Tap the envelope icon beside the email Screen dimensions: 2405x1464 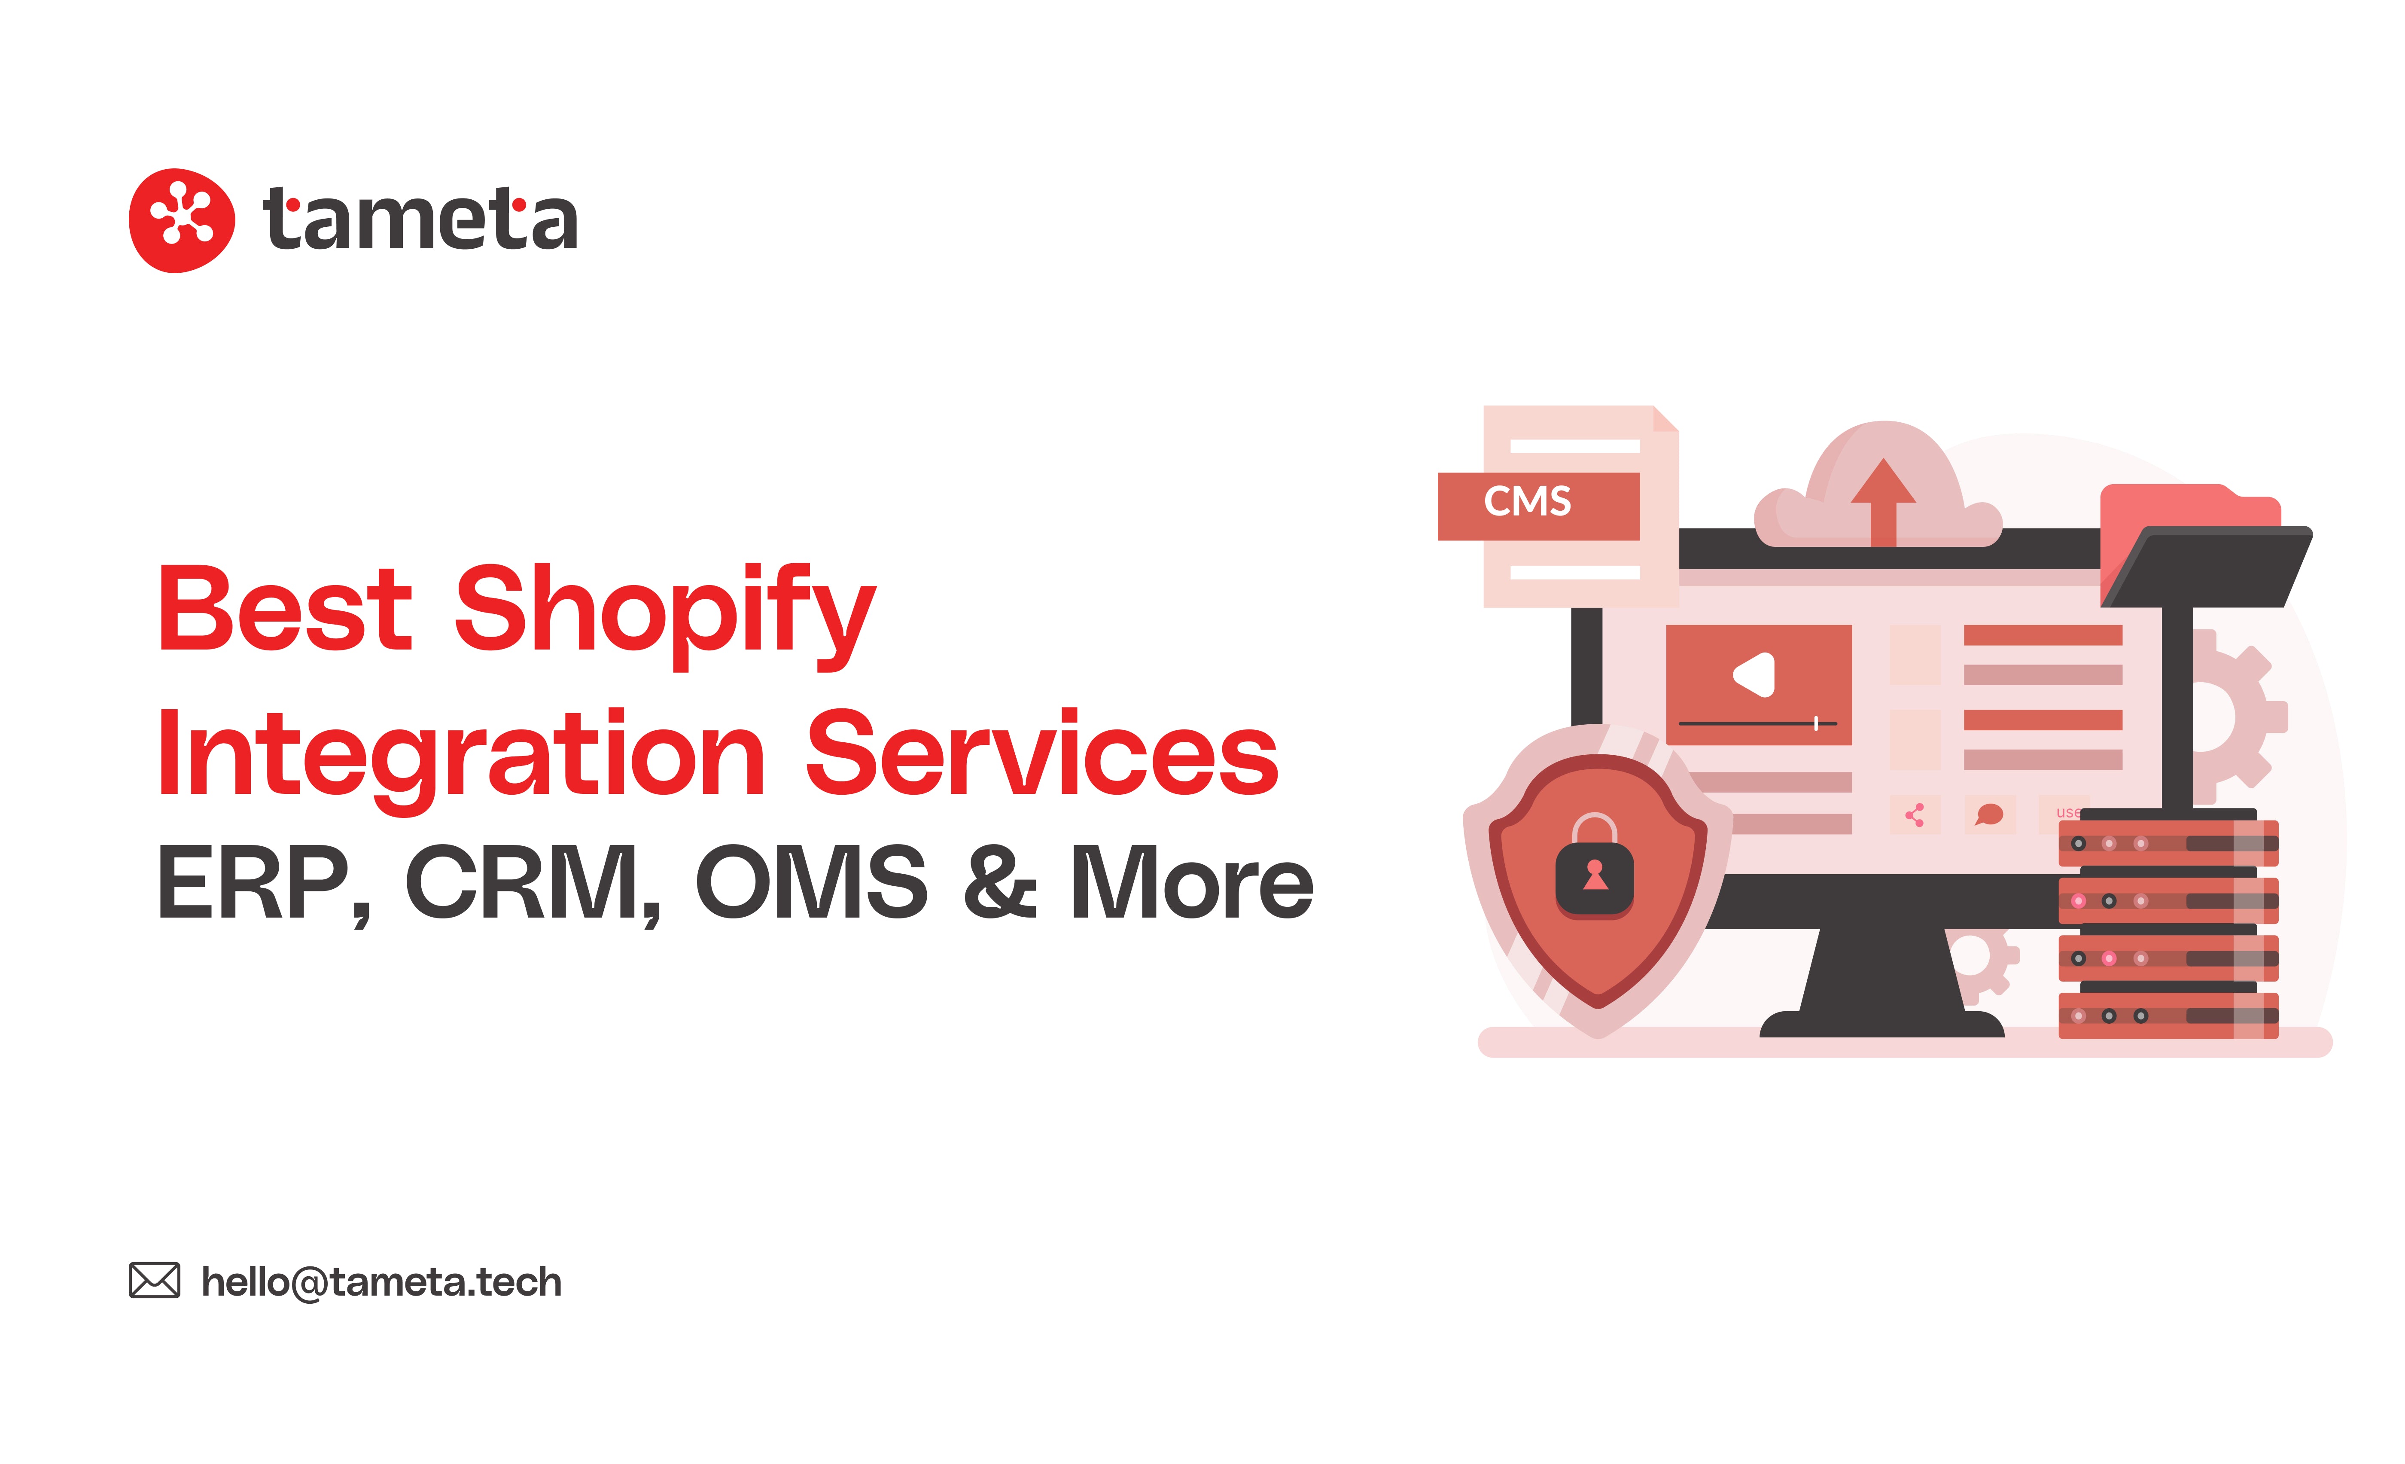coord(154,1281)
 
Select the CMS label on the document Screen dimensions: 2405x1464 coord(1528,502)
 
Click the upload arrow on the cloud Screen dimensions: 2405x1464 coord(1884,501)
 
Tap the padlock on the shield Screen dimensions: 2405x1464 coord(1594,866)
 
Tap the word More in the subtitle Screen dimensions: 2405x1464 coord(1192,882)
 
